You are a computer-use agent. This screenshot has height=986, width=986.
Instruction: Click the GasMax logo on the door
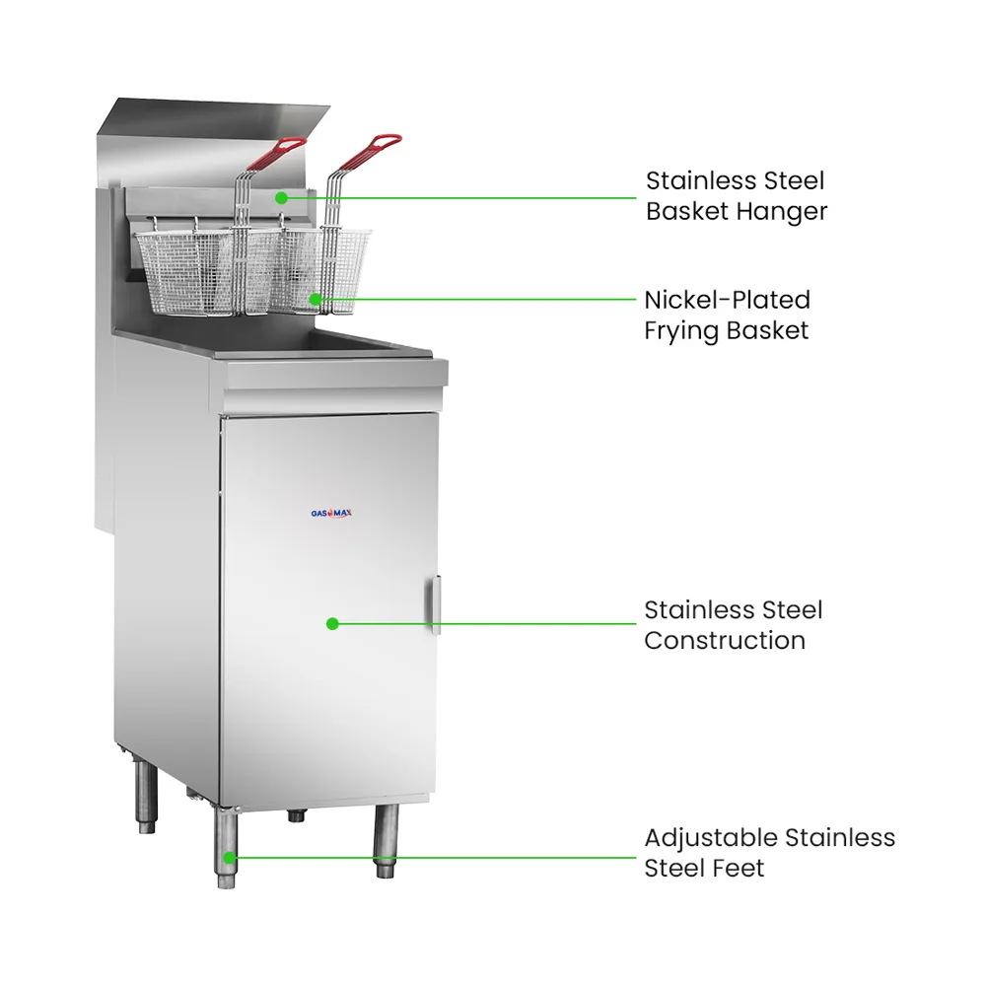[331, 513]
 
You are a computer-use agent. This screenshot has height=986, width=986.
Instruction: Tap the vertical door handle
[435, 605]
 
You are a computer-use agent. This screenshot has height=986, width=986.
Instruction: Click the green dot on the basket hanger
[282, 198]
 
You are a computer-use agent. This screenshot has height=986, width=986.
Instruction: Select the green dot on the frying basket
[316, 300]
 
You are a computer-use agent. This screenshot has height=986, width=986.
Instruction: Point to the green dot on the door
[332, 624]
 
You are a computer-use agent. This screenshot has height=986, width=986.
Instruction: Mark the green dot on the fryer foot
[230, 858]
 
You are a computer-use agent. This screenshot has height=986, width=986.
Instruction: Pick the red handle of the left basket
[277, 154]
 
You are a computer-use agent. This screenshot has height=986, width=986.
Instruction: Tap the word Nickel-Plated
[728, 300]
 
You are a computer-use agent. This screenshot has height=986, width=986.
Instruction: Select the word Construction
[725, 641]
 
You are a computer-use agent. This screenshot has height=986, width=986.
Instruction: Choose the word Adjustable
[711, 838]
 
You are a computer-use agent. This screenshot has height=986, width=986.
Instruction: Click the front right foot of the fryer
[386, 841]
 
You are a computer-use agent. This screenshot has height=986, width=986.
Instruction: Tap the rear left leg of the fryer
[146, 797]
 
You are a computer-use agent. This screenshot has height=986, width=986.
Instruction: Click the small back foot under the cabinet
[296, 815]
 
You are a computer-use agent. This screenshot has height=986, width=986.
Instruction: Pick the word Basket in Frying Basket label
[767, 330]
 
